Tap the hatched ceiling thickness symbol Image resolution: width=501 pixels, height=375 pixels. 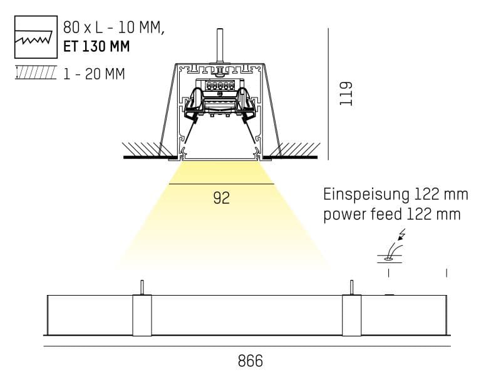[x=35, y=74]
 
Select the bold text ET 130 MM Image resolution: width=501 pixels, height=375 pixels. [x=97, y=46]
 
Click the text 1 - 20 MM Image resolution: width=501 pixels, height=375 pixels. [x=94, y=74]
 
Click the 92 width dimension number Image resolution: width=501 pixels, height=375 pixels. [x=221, y=198]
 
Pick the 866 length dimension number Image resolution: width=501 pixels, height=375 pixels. [x=250, y=361]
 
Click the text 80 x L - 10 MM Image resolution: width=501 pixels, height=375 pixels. [x=113, y=28]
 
